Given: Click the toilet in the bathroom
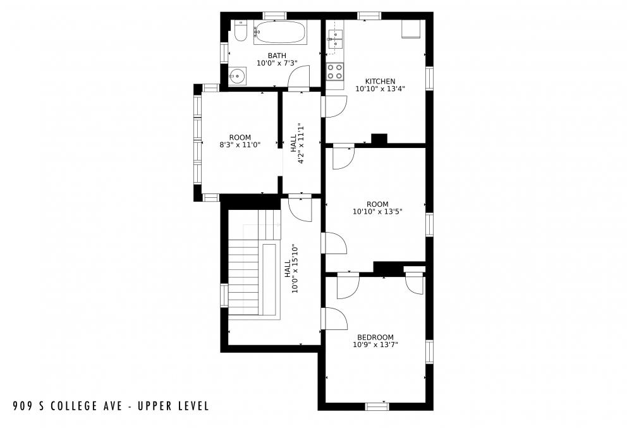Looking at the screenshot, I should coord(240,31).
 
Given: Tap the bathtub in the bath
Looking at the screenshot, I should coord(280,32).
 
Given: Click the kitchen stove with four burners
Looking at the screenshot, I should coord(335,71).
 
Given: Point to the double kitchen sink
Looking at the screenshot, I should coord(334,39).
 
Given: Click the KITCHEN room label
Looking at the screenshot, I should coord(380,81).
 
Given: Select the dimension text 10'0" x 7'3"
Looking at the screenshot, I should coord(277,63).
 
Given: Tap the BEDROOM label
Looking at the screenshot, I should coord(375,337).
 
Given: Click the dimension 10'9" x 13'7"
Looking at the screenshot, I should coord(375,345).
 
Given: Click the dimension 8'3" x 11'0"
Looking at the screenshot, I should coord(240,145).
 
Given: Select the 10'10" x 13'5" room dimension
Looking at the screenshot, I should coord(377,212).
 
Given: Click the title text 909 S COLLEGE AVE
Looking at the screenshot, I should coord(66,405).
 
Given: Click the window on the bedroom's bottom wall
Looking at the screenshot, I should coord(377,407).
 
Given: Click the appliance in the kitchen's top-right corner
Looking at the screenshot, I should coord(411,29).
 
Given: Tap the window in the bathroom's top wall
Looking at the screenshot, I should coord(274,15).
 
